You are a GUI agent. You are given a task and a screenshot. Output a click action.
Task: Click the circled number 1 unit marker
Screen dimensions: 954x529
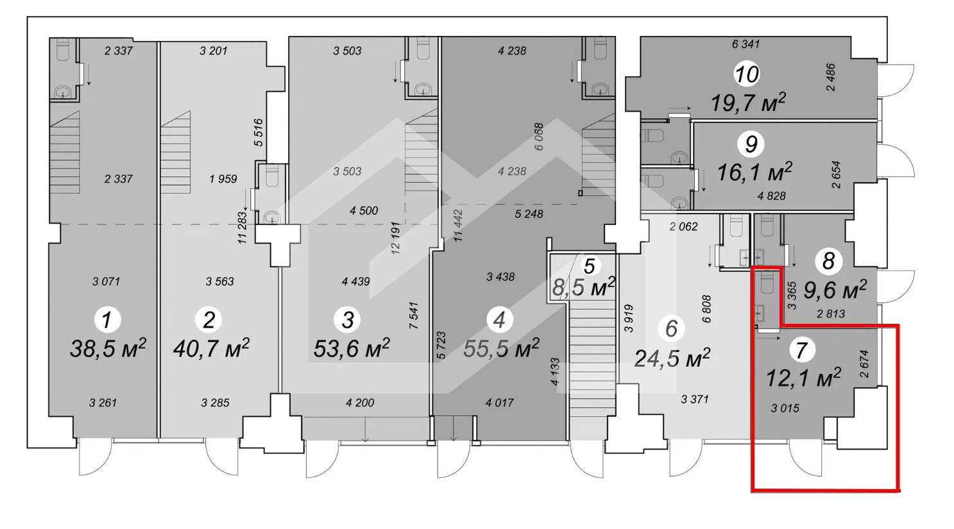click(107, 319)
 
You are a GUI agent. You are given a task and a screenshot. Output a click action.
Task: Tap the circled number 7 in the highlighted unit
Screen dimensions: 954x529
click(802, 350)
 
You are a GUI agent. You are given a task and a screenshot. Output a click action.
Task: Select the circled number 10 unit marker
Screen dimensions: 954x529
click(747, 74)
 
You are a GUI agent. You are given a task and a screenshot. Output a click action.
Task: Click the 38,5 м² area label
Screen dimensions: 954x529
click(108, 349)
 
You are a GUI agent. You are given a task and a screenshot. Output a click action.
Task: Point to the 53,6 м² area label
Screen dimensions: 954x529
click(352, 349)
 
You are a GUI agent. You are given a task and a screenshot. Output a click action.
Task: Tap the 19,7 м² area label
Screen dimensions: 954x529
click(748, 103)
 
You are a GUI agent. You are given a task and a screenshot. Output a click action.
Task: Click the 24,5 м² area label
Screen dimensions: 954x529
click(672, 358)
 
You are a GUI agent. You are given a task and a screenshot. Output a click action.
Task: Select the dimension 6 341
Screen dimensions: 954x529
click(745, 44)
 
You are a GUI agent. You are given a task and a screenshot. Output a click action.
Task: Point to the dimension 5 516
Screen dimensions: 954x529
click(259, 133)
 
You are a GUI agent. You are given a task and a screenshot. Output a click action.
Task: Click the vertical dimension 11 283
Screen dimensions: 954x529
click(243, 227)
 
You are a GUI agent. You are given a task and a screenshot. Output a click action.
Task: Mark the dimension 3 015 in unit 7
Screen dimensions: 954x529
click(785, 408)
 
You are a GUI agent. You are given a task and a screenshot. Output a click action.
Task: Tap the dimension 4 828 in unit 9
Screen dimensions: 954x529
click(771, 196)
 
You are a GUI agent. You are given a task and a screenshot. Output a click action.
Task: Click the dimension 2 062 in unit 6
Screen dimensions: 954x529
click(683, 226)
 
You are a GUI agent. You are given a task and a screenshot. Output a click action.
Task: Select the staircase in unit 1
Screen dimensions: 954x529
click(65, 153)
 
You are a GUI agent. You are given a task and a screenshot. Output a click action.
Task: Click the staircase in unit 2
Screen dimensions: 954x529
click(175, 153)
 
